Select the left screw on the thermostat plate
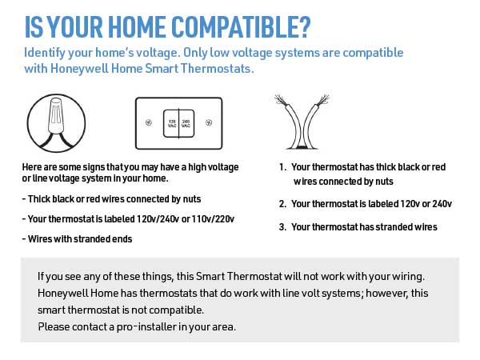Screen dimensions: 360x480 [149, 123]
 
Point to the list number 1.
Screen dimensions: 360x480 [282, 167]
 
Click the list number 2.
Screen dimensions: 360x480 [282, 203]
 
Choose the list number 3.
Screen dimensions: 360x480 [282, 226]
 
